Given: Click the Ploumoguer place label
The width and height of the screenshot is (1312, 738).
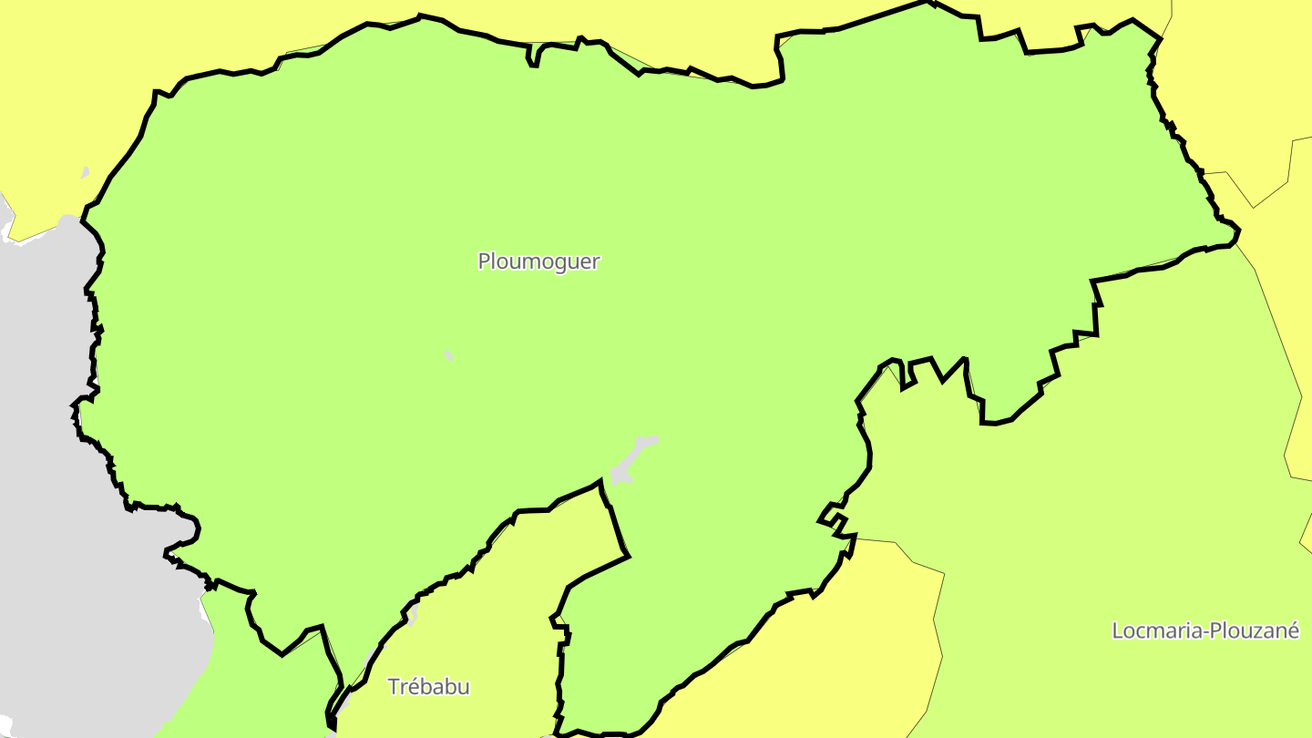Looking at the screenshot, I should (538, 261).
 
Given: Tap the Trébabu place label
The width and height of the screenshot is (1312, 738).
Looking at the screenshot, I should (428, 686).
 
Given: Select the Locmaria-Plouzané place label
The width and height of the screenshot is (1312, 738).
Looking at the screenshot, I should (1204, 630).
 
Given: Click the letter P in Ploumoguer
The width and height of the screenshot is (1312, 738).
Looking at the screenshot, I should (484, 261).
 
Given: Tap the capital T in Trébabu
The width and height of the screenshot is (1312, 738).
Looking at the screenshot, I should (394, 686).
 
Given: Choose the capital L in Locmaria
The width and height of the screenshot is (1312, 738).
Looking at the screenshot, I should (1118, 630).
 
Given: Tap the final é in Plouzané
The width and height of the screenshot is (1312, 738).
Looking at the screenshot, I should (1293, 630).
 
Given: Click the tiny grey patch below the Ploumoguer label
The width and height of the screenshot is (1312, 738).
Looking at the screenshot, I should (448, 355).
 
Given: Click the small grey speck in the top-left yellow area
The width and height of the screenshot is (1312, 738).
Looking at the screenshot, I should (85, 171).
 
